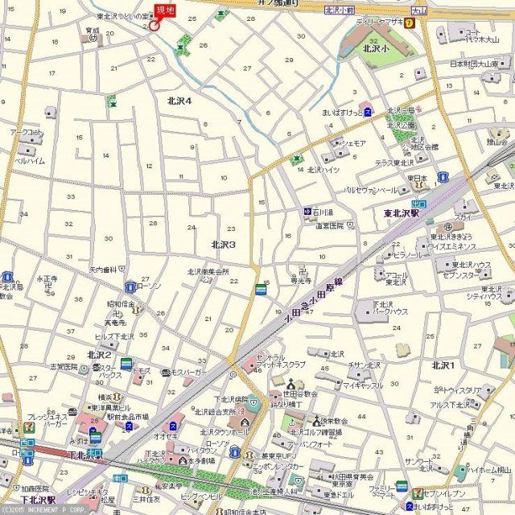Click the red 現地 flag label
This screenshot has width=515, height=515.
164,10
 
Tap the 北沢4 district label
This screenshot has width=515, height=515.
179,101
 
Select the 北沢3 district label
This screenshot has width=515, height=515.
223,244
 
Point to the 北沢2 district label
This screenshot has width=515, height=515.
100,355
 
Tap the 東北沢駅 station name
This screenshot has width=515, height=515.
402,214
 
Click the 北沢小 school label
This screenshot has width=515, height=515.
376,47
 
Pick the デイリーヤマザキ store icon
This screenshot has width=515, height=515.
410,23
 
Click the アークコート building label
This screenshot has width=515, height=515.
26,132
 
